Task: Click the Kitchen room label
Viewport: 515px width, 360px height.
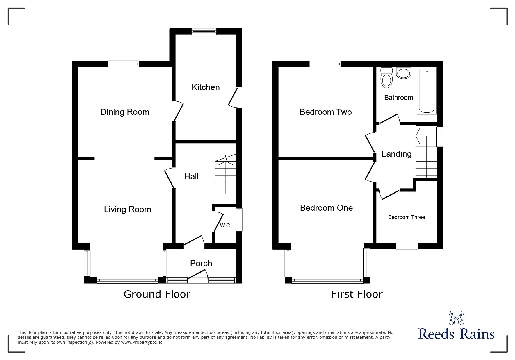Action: pos(205,87)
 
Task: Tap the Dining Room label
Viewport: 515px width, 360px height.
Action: pos(125,112)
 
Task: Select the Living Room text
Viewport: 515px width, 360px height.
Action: pos(127,209)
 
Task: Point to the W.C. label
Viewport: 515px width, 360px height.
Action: pos(225,225)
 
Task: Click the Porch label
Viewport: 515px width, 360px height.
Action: pos(201,263)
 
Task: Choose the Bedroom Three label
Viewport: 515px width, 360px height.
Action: pos(406,217)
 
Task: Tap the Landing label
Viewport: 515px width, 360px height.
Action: pos(396,154)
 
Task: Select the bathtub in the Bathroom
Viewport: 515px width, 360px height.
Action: pos(427,91)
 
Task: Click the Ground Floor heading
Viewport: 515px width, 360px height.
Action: pos(157,294)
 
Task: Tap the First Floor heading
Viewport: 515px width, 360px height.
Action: pos(357,294)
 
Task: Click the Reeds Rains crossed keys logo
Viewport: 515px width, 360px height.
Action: pos(456,318)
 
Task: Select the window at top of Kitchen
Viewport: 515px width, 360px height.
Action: pos(204,31)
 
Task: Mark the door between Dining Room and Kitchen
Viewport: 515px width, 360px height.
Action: pos(178,111)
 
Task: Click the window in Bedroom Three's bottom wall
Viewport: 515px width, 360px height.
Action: pos(407,246)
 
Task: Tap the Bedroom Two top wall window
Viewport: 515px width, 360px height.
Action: pos(325,64)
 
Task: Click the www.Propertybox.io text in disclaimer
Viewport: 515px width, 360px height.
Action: pos(142,342)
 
